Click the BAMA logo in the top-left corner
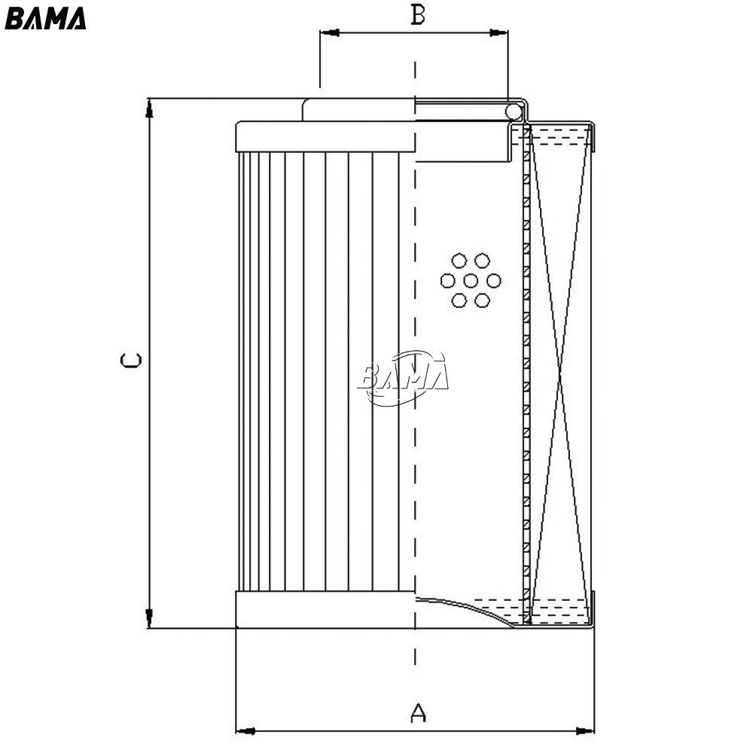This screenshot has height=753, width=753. (x=45, y=19)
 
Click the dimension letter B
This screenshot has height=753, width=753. (x=418, y=15)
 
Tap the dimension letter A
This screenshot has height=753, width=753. (x=418, y=712)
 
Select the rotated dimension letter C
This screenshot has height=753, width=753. (x=130, y=360)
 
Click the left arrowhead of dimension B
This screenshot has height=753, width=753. (x=330, y=32)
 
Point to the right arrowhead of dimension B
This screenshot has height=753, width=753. (x=498, y=32)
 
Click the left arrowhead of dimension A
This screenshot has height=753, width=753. (x=245, y=731)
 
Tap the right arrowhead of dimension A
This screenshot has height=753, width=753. (x=585, y=731)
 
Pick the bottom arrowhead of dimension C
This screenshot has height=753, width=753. (x=149, y=618)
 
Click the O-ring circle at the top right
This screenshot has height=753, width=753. (x=514, y=112)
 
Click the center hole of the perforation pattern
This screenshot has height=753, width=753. (x=471, y=280)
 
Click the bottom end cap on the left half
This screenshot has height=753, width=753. (x=325, y=609)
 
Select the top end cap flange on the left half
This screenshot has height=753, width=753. (x=325, y=137)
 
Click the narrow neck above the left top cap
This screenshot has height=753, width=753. (x=358, y=109)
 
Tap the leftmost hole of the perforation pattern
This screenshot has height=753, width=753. (x=447, y=280)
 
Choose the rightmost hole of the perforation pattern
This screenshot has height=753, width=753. (x=494, y=280)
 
